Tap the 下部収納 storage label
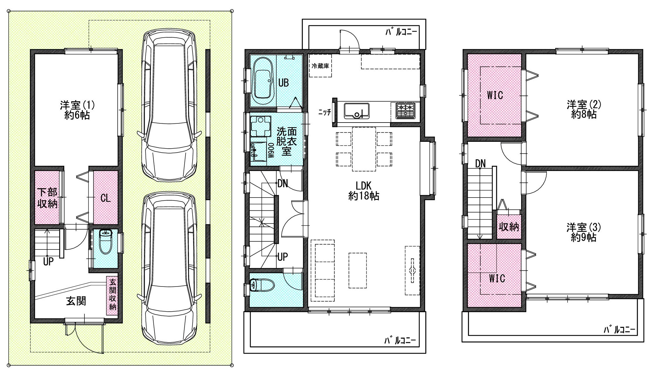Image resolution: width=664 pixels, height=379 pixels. coord(47,198)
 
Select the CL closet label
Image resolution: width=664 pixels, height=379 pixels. coord(105,198)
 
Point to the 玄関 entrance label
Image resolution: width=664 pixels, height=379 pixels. coord(76,301)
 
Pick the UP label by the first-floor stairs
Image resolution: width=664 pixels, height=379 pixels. coord(48,261)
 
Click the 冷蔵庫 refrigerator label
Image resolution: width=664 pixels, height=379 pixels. coord(320,66)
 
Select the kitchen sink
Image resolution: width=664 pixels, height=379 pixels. coord(356,111)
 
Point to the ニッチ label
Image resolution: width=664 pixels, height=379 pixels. coord(324,112)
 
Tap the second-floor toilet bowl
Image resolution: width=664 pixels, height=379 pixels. coord(262,284)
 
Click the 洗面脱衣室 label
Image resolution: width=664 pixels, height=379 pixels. coord(286,142)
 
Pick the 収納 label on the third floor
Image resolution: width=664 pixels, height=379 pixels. coord(509,227)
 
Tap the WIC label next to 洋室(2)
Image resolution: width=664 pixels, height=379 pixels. coord(495,95)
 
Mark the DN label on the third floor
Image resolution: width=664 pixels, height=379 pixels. coord(480,164)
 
